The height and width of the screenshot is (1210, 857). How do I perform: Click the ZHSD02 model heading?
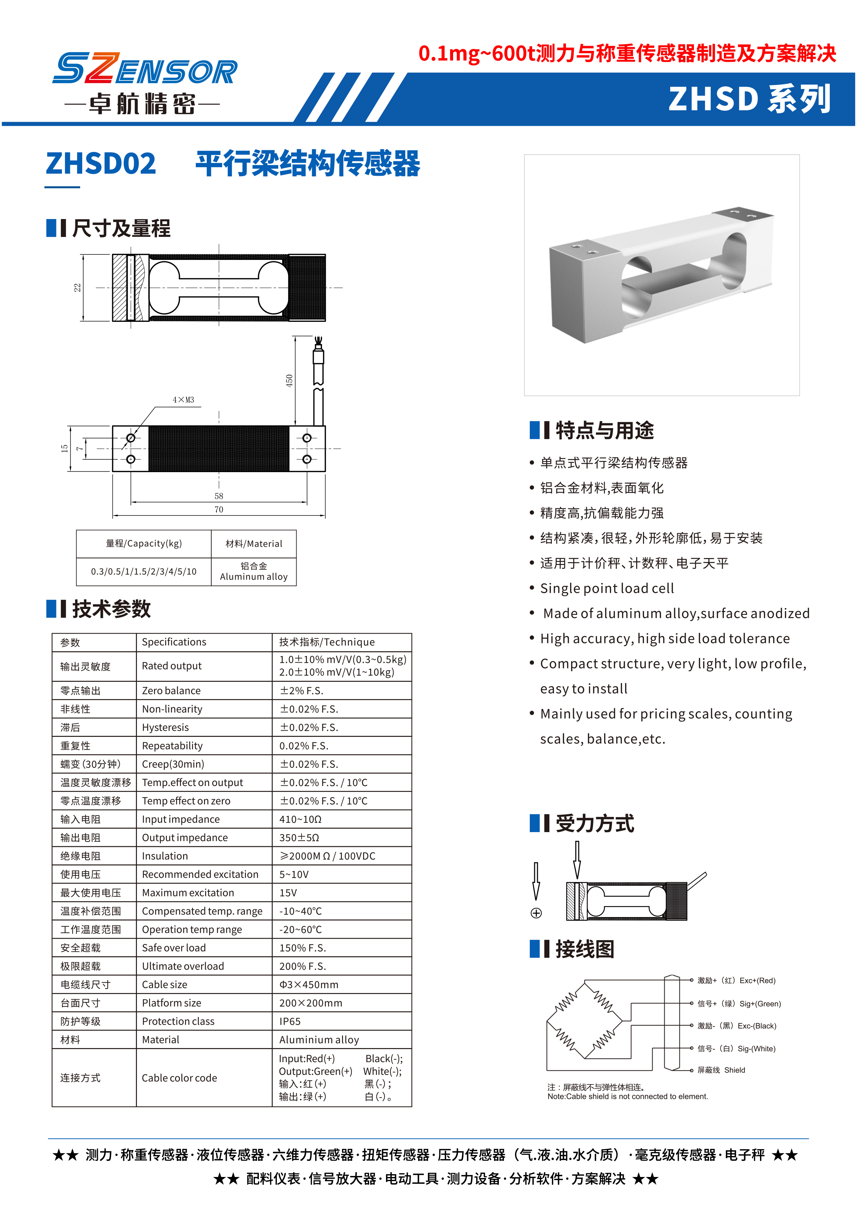pos(101,164)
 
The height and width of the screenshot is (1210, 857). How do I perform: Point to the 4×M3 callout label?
pos(183,400)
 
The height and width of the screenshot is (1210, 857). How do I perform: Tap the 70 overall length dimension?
pos(218,510)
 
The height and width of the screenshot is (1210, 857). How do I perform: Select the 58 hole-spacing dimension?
pos(218,496)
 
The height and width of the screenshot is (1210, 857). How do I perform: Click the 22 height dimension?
pos(77,287)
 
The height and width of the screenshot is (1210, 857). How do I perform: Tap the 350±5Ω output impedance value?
pos(299,838)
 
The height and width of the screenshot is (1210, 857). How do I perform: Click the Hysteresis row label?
pos(165,727)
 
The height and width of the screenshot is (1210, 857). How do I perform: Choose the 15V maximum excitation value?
pos(288,893)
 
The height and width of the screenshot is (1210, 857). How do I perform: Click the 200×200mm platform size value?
pos(310,1003)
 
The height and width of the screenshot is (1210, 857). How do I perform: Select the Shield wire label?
pos(735,1070)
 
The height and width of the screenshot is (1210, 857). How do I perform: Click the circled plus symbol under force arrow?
pos(536,913)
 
